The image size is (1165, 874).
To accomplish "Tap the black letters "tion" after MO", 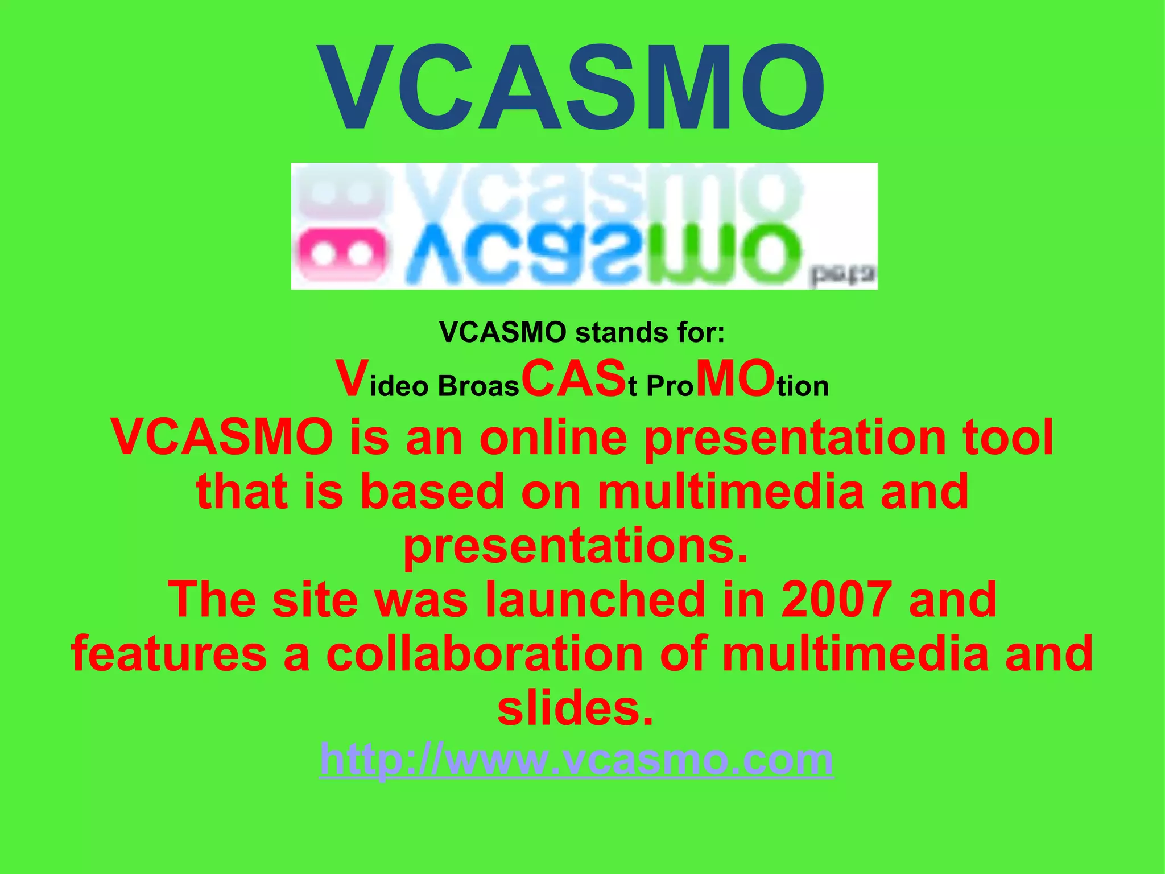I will [x=803, y=387].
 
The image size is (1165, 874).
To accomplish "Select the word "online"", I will [x=553, y=437].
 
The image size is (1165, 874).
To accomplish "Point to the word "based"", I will [x=432, y=491].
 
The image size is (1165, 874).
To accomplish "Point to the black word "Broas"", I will [x=478, y=387].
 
